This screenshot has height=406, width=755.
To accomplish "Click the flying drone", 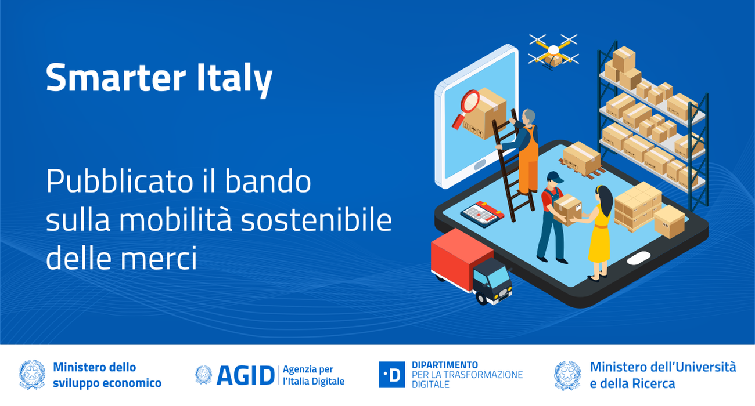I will tap(553, 50).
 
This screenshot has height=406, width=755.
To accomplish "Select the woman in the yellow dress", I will tap(600, 232).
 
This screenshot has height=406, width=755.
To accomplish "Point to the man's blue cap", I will tap(554, 176).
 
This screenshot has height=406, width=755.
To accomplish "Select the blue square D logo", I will tap(391, 375).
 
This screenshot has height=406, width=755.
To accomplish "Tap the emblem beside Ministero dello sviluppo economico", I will tap(32, 375).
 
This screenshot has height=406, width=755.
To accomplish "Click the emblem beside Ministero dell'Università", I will tap(567, 375).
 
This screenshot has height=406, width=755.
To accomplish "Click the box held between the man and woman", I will tap(567, 206).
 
